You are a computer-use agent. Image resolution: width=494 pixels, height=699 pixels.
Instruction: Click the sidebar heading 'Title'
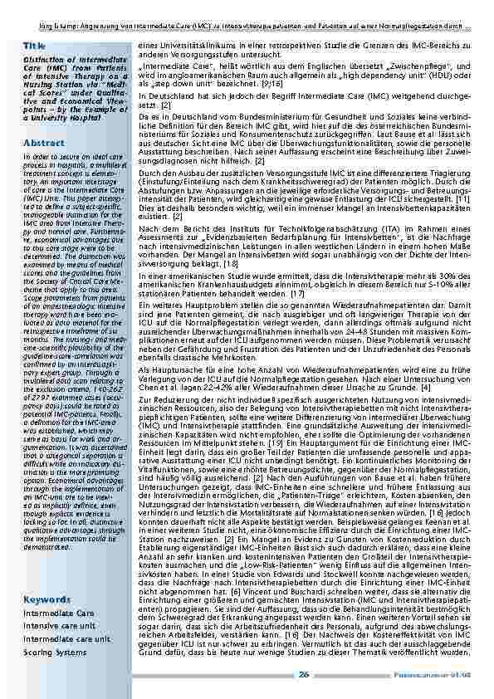(35, 46)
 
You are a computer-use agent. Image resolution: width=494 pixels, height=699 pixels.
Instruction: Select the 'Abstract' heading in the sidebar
(44, 143)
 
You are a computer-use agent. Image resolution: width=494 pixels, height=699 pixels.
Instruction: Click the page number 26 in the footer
(306, 674)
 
